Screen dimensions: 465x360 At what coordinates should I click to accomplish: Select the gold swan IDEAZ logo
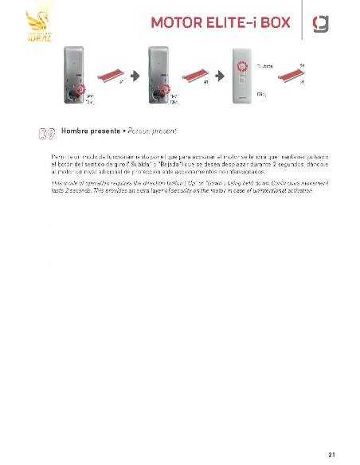pyautogui.click(x=39, y=26)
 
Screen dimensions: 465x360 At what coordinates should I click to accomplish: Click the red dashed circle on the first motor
pyautogui.click(x=79, y=89)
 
